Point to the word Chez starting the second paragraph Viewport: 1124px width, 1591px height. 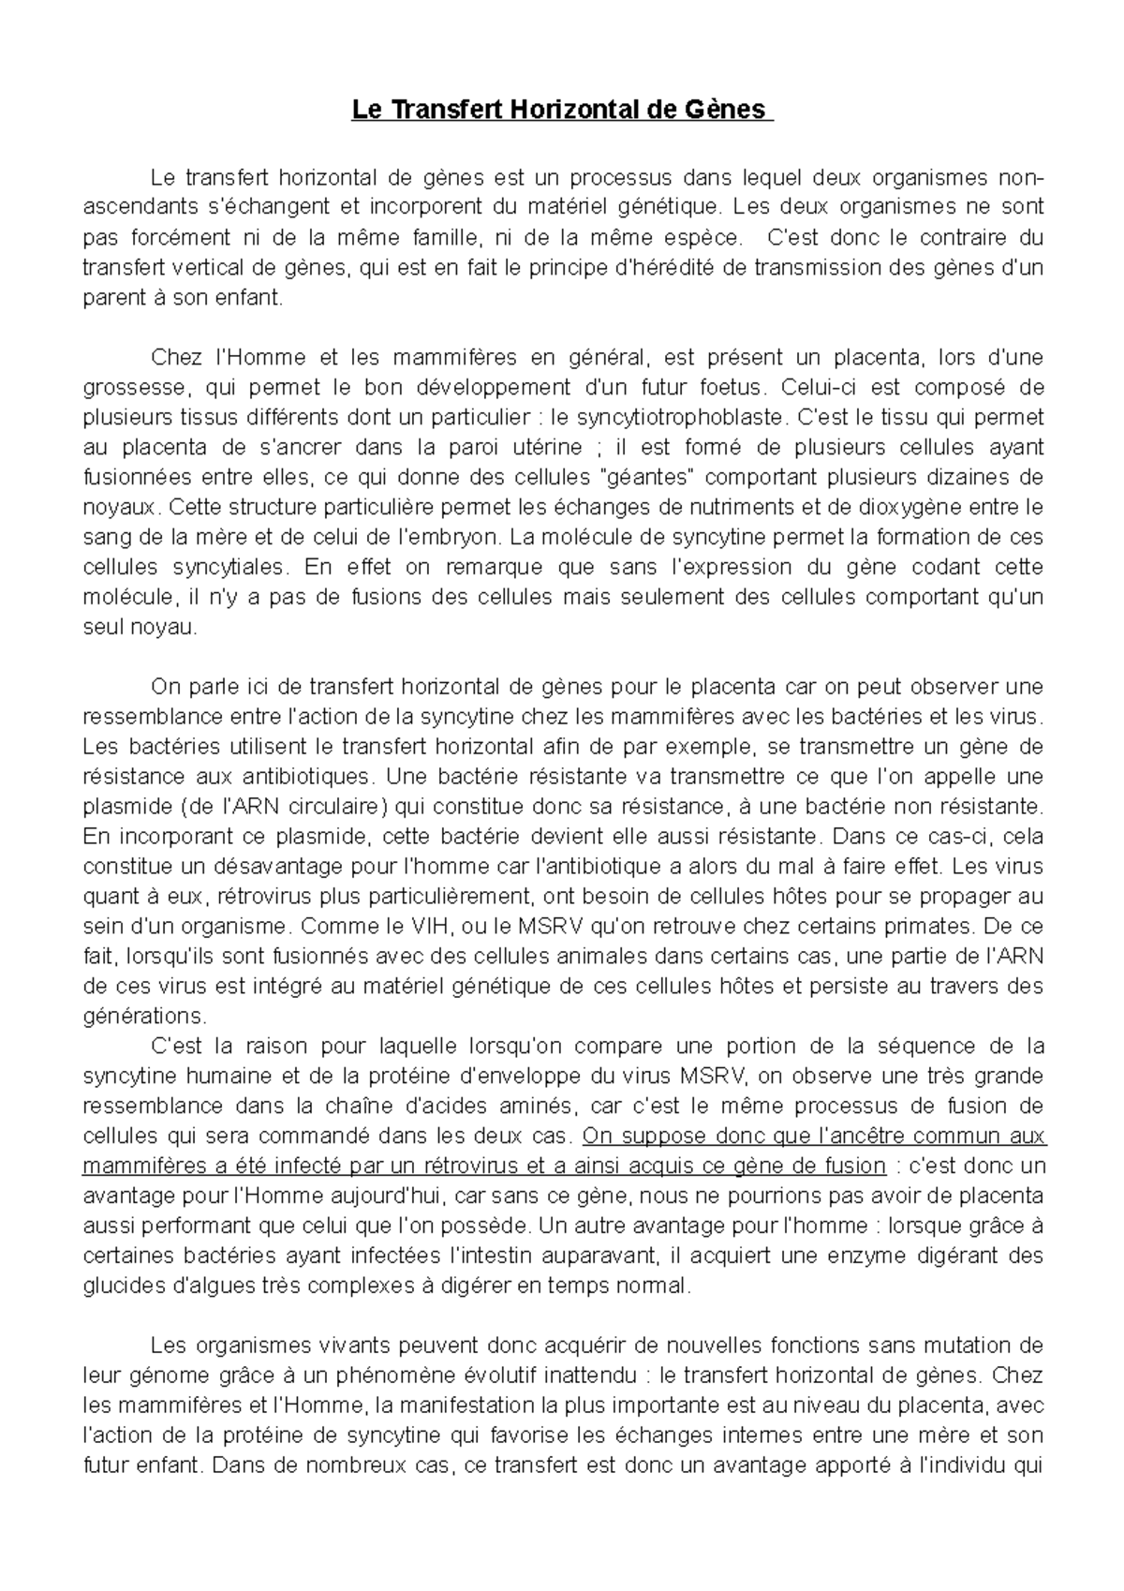point(176,357)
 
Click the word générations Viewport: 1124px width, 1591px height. point(142,1017)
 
